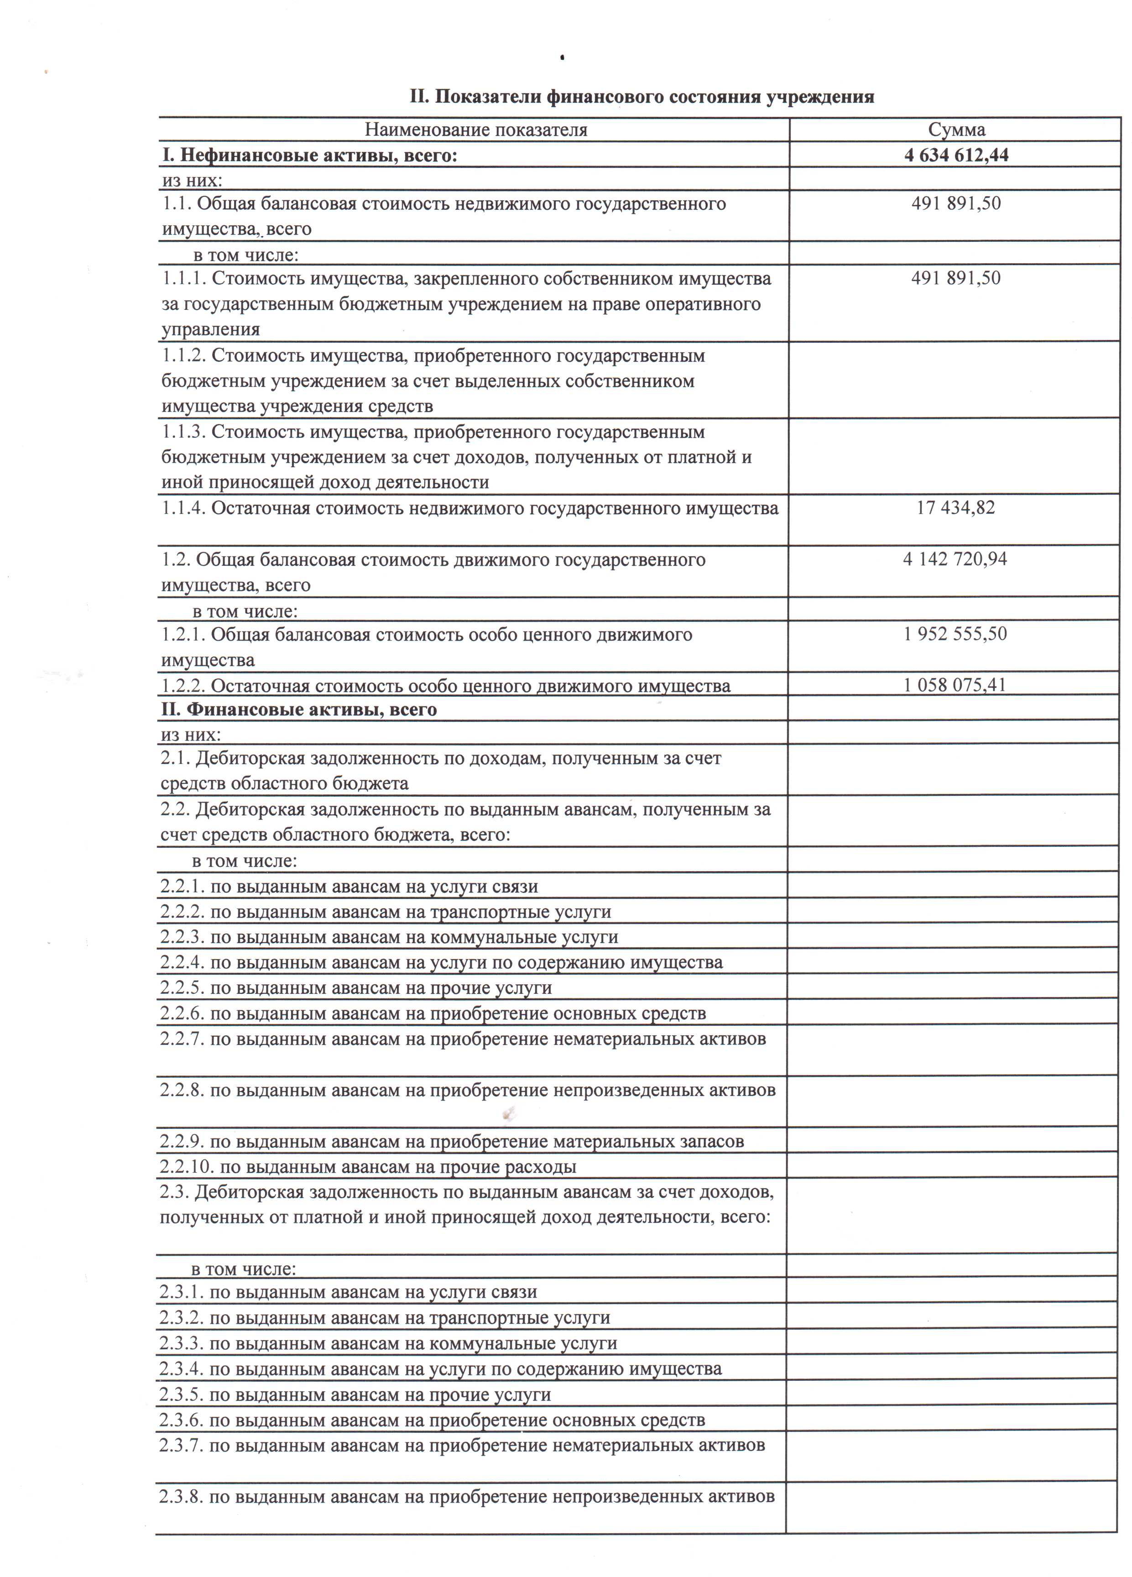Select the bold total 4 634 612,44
pos(956,155)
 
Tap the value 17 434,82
pos(955,507)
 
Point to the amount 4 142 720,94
pos(955,559)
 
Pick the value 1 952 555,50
pos(955,634)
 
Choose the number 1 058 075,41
pos(955,685)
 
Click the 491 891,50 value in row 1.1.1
pos(955,279)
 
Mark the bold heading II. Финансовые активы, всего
pos(299,710)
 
